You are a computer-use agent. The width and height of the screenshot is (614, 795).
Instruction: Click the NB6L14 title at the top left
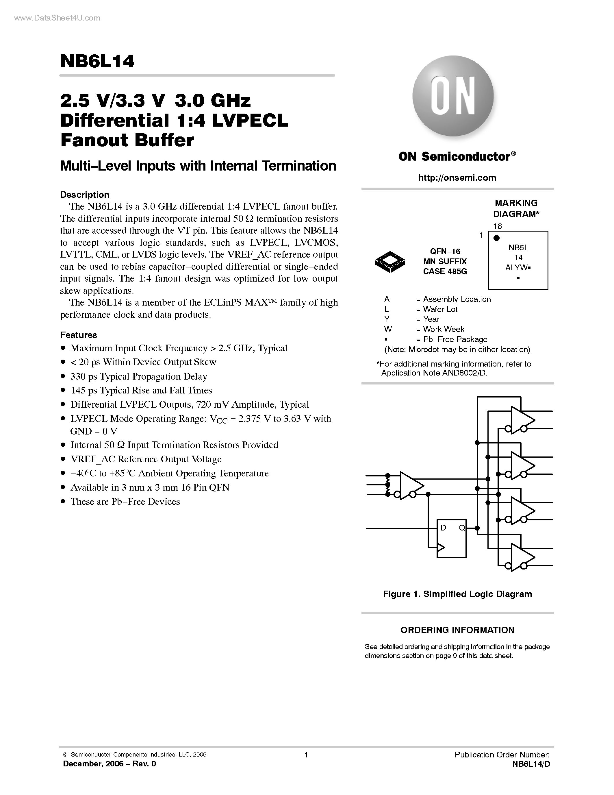(x=97, y=62)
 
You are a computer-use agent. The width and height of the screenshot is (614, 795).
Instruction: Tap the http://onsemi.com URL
(x=457, y=178)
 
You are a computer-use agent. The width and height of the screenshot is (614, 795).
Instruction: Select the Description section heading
(x=85, y=195)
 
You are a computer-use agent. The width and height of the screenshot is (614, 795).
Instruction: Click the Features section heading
(x=79, y=335)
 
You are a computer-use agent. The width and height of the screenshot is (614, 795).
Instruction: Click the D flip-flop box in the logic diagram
(x=451, y=538)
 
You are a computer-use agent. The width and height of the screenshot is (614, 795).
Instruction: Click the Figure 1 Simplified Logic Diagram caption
(x=457, y=594)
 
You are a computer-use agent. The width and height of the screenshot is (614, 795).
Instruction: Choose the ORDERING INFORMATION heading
(x=457, y=630)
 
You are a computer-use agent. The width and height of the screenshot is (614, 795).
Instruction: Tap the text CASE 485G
(x=445, y=271)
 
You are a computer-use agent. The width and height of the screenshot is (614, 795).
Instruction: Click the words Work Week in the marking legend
(x=444, y=329)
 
